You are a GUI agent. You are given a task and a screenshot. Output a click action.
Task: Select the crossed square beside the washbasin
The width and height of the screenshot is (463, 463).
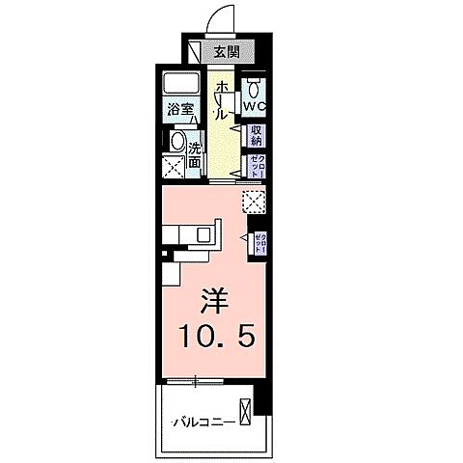click(x=175, y=169)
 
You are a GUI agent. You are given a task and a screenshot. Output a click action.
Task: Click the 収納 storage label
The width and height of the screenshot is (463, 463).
click(x=257, y=133)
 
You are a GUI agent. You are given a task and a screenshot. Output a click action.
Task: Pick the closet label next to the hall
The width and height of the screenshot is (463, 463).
click(x=257, y=164)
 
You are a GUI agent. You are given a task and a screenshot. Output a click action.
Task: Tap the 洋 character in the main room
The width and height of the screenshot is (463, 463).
click(x=214, y=301)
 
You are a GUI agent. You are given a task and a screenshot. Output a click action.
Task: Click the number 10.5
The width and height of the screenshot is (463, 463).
click(x=214, y=339)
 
